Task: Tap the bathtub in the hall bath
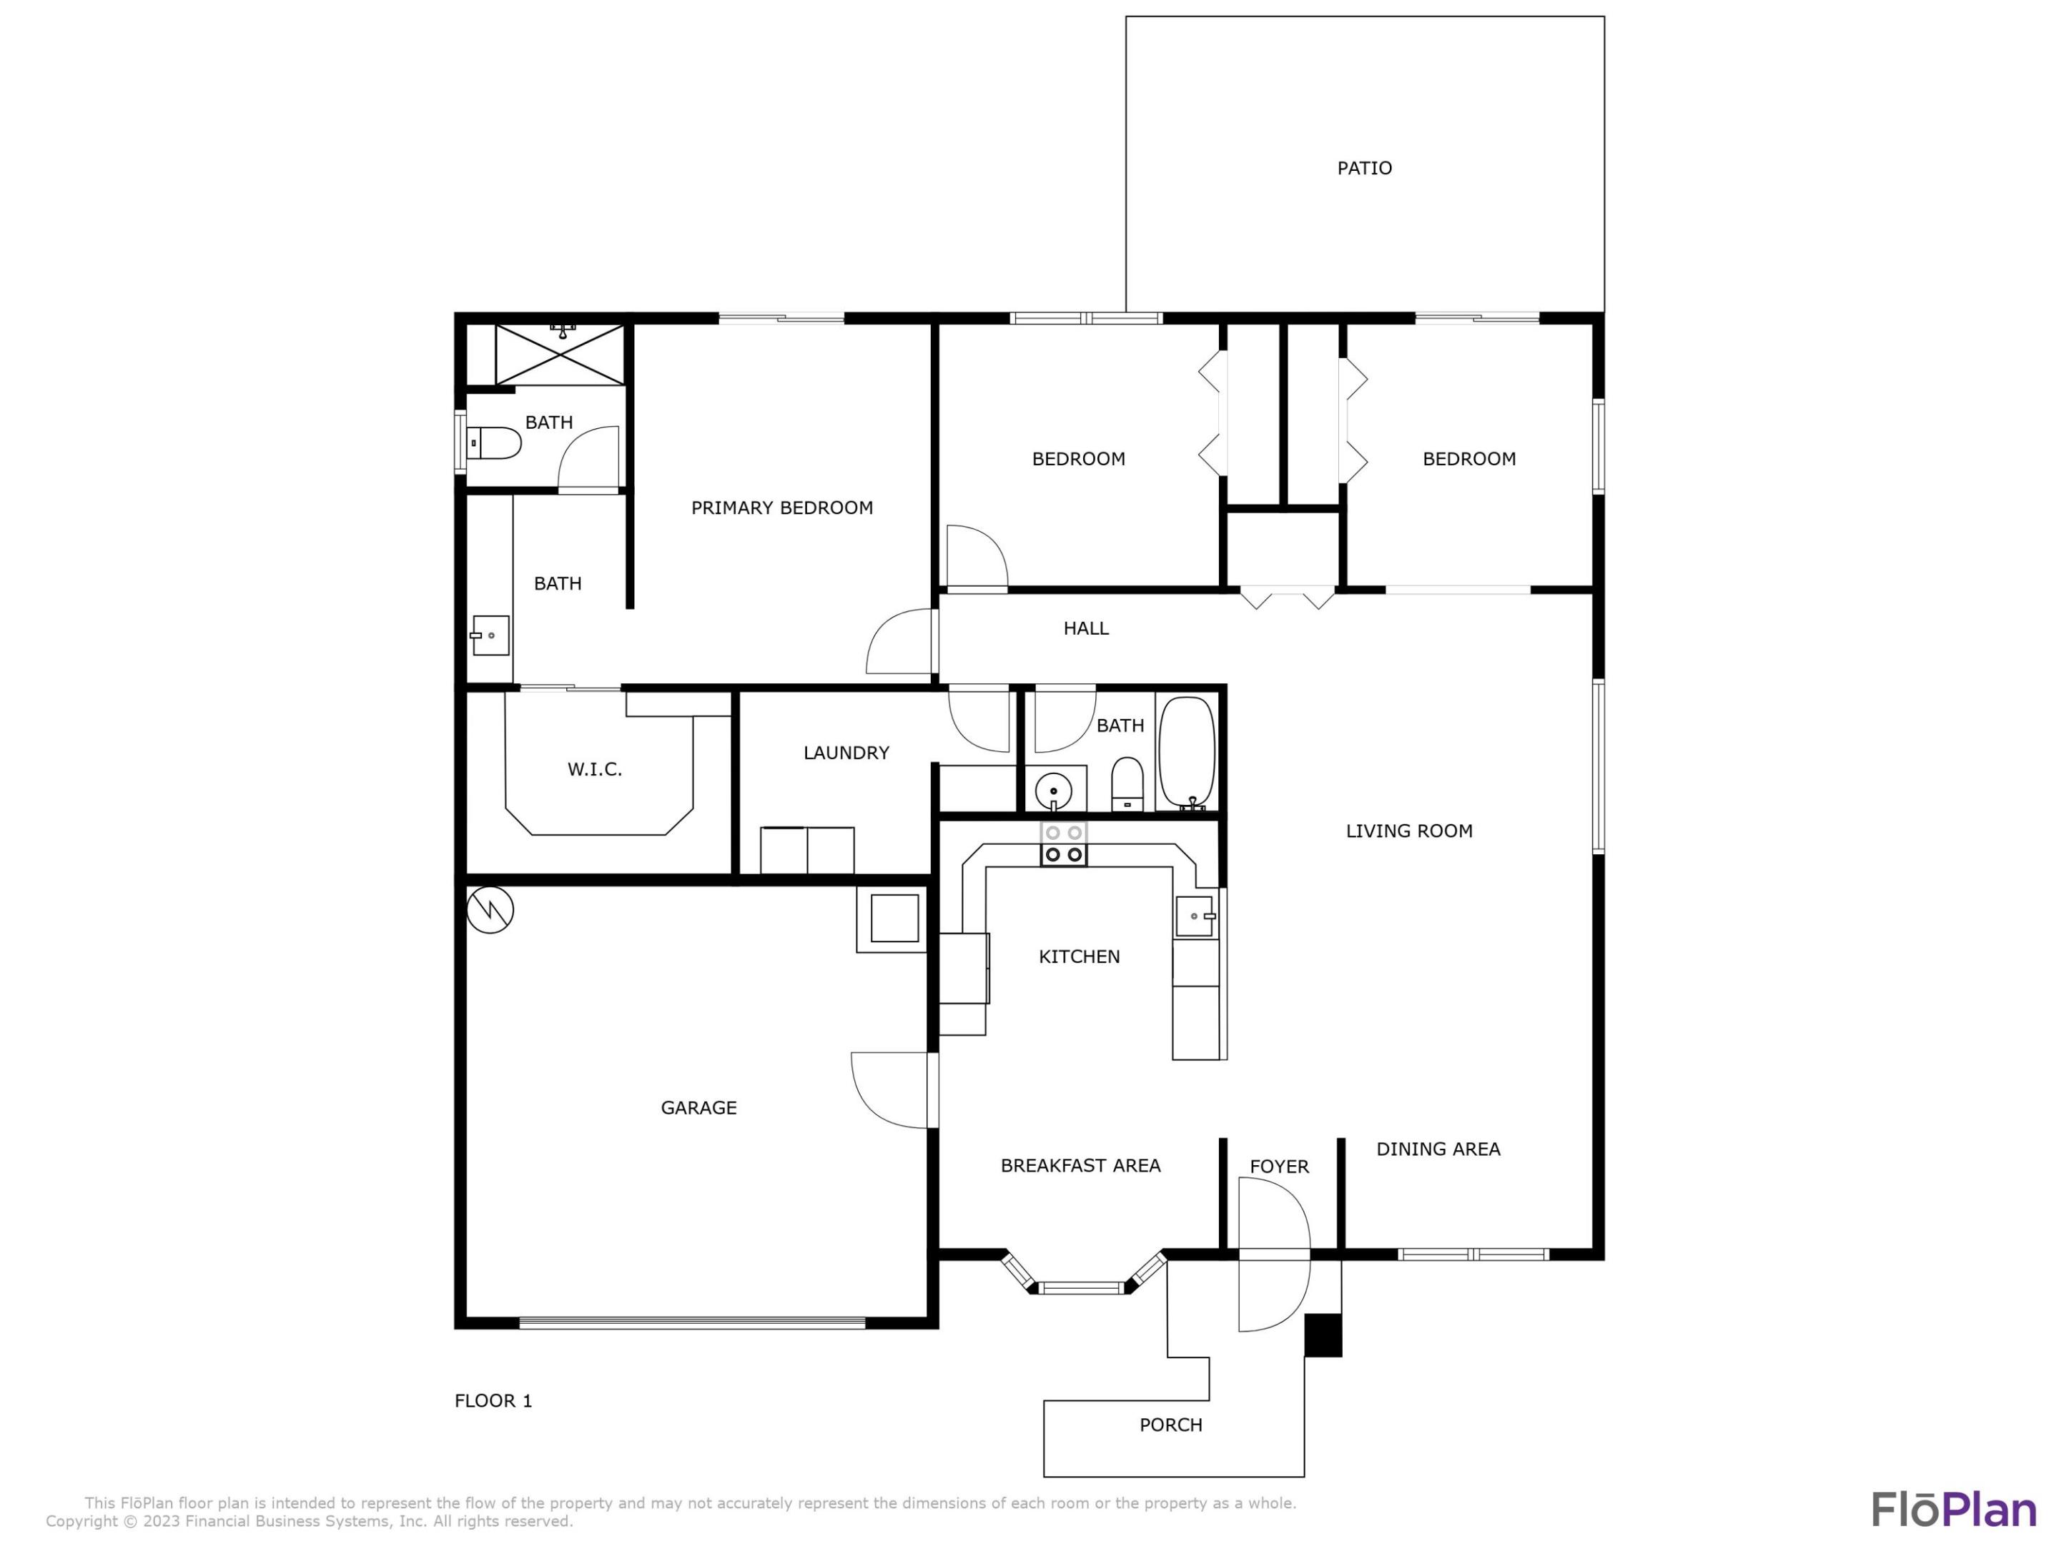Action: pos(1186,752)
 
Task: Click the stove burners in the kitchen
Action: pos(1063,844)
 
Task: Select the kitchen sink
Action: pos(1194,916)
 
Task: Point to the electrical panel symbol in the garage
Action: pos(490,909)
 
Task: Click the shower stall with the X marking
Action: pos(561,354)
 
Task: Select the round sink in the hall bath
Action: pos(1053,791)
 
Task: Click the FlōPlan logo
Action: pos(1953,1510)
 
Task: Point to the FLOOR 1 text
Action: pos(493,1400)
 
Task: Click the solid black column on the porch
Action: pos(1322,1335)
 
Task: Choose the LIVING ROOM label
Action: pos(1408,831)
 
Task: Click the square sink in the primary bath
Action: pos(490,635)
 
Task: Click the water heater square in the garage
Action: pos(894,918)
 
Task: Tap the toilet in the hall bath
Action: pos(1127,783)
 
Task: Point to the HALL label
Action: pos(1085,628)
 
